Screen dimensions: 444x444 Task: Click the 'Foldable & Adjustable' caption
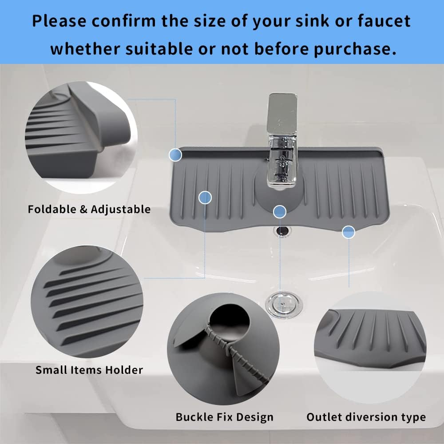click(89, 209)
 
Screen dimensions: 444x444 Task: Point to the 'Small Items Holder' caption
click(89, 369)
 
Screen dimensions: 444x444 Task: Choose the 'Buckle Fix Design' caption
click(225, 417)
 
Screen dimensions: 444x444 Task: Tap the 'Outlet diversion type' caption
click(366, 417)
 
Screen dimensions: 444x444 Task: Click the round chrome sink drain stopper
click(284, 304)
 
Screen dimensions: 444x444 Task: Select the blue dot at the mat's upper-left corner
click(176, 155)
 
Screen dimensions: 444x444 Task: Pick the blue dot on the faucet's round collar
click(279, 212)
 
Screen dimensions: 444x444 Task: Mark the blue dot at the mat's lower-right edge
click(349, 231)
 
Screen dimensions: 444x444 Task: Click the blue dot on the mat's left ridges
click(205, 198)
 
